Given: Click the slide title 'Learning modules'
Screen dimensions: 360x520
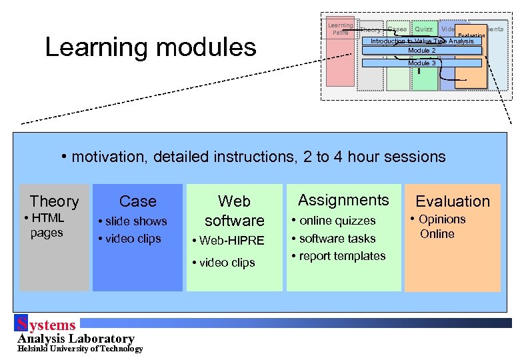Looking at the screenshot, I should [x=150, y=47].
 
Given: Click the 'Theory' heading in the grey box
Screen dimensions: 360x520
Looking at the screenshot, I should [x=54, y=201].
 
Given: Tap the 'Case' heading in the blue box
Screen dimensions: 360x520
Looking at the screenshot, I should [x=137, y=201].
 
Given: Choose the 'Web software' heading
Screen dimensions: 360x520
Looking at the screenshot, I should [x=234, y=211].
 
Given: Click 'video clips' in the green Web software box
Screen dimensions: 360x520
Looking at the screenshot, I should [x=227, y=263].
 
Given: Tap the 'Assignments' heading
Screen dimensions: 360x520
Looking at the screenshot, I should [x=343, y=200].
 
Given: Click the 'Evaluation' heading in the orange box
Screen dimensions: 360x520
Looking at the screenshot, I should [x=453, y=201].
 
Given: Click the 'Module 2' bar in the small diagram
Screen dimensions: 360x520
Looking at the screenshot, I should [x=421, y=51].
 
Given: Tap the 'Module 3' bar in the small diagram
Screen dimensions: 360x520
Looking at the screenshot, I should [x=421, y=63].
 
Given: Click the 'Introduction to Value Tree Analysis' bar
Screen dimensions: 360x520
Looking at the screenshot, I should [x=421, y=41].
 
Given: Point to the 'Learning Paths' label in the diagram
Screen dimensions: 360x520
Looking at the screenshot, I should [x=340, y=29].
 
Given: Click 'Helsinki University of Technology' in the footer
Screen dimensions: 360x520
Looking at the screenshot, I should [x=80, y=349].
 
